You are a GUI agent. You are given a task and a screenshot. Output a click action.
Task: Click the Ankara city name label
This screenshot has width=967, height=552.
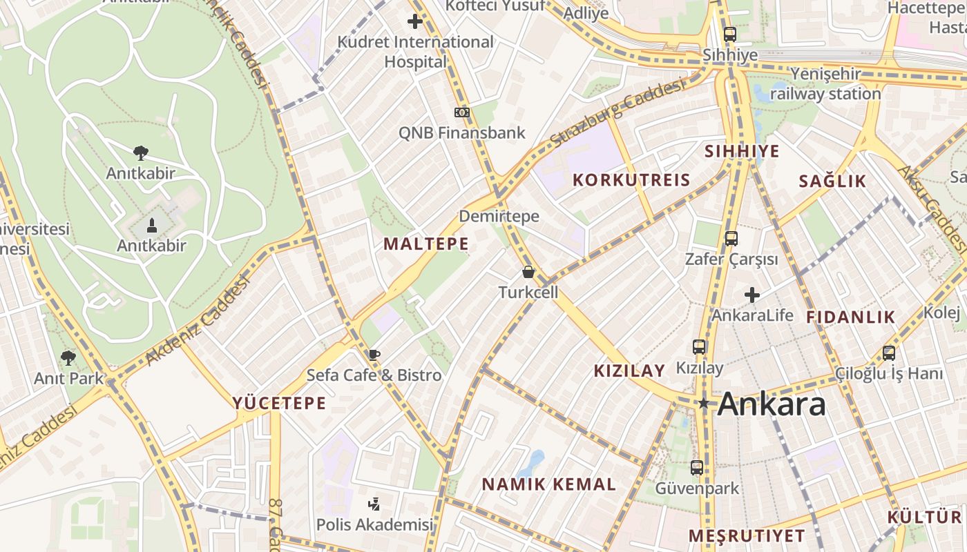point(771,404)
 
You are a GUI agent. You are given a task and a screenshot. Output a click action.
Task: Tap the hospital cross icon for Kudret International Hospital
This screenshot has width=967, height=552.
point(415,21)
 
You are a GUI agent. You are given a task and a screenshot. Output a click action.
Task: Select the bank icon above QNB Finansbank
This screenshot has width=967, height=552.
point(461,112)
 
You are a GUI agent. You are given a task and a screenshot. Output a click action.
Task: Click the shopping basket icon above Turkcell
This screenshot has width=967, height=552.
point(528,272)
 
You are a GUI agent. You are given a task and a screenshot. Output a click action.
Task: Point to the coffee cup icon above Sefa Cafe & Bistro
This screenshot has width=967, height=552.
point(374,355)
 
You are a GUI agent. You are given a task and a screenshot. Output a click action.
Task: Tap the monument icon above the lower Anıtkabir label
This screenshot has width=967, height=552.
point(151,225)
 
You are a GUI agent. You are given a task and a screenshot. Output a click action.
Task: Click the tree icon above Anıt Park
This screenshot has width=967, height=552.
point(68,357)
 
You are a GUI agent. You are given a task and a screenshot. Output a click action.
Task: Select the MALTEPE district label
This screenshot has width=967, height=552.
point(426,244)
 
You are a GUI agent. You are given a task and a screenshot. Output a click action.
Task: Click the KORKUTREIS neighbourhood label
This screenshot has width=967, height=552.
point(631,180)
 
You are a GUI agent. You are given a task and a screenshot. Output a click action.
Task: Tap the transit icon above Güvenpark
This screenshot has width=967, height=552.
point(696,468)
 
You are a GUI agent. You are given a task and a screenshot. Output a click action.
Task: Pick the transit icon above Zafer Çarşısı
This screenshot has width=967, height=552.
point(731,239)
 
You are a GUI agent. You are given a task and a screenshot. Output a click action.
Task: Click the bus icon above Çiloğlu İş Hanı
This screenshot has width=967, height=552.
point(889,353)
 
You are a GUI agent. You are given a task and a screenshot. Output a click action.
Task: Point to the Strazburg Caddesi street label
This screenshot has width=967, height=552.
point(618,114)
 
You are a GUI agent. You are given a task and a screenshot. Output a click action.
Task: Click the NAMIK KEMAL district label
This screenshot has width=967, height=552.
point(548,484)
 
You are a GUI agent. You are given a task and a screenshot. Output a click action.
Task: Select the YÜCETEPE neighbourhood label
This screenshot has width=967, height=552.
point(279,403)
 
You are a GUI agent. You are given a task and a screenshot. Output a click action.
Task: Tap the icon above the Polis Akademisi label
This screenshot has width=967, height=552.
point(374,504)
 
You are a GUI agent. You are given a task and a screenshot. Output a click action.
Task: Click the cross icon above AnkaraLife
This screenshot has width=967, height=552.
point(752,295)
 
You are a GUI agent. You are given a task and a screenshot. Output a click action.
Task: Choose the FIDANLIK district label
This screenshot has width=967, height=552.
point(850,317)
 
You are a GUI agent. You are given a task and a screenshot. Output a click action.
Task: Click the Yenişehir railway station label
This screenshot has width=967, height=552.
point(825,83)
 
